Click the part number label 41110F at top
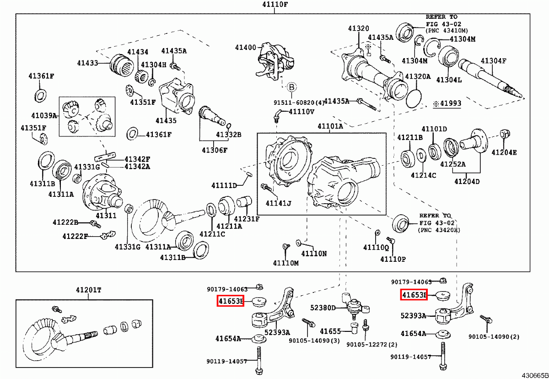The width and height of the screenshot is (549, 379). pos(275,5)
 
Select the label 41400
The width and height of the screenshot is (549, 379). pos(246,47)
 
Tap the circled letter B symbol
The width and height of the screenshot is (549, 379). pos(292,87)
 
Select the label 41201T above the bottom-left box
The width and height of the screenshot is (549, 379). pos(89,290)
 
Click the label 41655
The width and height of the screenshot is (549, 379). pos(330,331)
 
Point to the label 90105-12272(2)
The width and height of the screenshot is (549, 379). pos(372,344)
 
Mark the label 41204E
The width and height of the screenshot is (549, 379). pos(504,152)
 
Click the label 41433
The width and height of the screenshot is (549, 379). pos(87,62)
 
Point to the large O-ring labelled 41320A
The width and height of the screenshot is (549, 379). pos(414,98)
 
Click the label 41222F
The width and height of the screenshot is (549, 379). pos(75,236)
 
